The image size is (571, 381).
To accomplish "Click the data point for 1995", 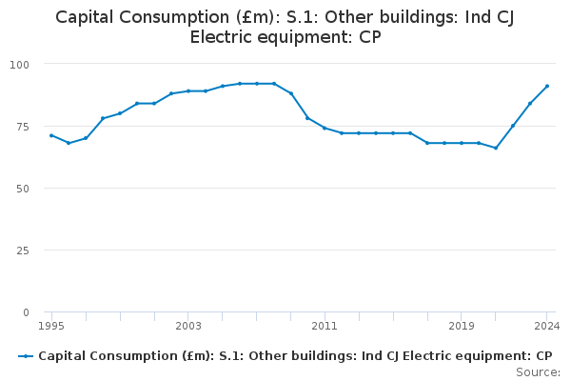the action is (51, 135).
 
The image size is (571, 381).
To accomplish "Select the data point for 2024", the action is (547, 86).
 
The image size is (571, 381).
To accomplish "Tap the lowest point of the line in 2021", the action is (496, 148).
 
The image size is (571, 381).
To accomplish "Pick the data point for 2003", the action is (188, 91).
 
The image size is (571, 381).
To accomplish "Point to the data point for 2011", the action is (325, 128).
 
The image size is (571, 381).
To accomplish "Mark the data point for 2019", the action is (462, 143).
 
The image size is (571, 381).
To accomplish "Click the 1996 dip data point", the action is (69, 143).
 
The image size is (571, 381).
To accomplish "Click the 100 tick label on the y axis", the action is (19, 65).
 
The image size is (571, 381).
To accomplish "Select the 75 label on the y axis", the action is (23, 127).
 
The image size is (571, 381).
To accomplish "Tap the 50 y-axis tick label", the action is (23, 189).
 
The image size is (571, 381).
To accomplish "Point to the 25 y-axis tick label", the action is (23, 251).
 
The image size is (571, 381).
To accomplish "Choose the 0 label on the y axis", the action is (26, 312).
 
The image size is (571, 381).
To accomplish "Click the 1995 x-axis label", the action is (51, 326).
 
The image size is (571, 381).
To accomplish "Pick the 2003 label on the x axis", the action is (188, 326).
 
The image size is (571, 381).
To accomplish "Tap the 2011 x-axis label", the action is (325, 326).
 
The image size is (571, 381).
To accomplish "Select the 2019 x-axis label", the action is (462, 326).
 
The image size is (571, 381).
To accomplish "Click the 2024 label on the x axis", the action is (546, 326).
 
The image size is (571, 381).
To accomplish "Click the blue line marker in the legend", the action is (26, 356).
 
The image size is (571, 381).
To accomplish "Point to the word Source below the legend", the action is (538, 372).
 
